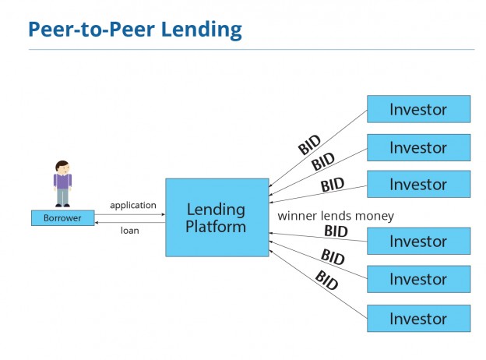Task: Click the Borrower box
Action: (62, 218)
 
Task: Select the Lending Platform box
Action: (217, 217)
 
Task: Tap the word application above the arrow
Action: (132, 205)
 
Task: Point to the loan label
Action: (129, 231)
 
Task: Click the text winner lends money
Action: (336, 215)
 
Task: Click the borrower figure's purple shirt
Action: (62, 182)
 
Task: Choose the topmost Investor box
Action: (418, 109)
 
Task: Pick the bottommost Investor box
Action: (418, 318)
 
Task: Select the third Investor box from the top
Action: (418, 185)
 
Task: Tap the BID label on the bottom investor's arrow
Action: (327, 280)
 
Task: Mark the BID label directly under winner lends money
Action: (336, 231)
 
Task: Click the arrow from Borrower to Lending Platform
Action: (129, 214)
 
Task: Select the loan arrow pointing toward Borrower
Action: (129, 222)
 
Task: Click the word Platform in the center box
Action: (217, 228)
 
